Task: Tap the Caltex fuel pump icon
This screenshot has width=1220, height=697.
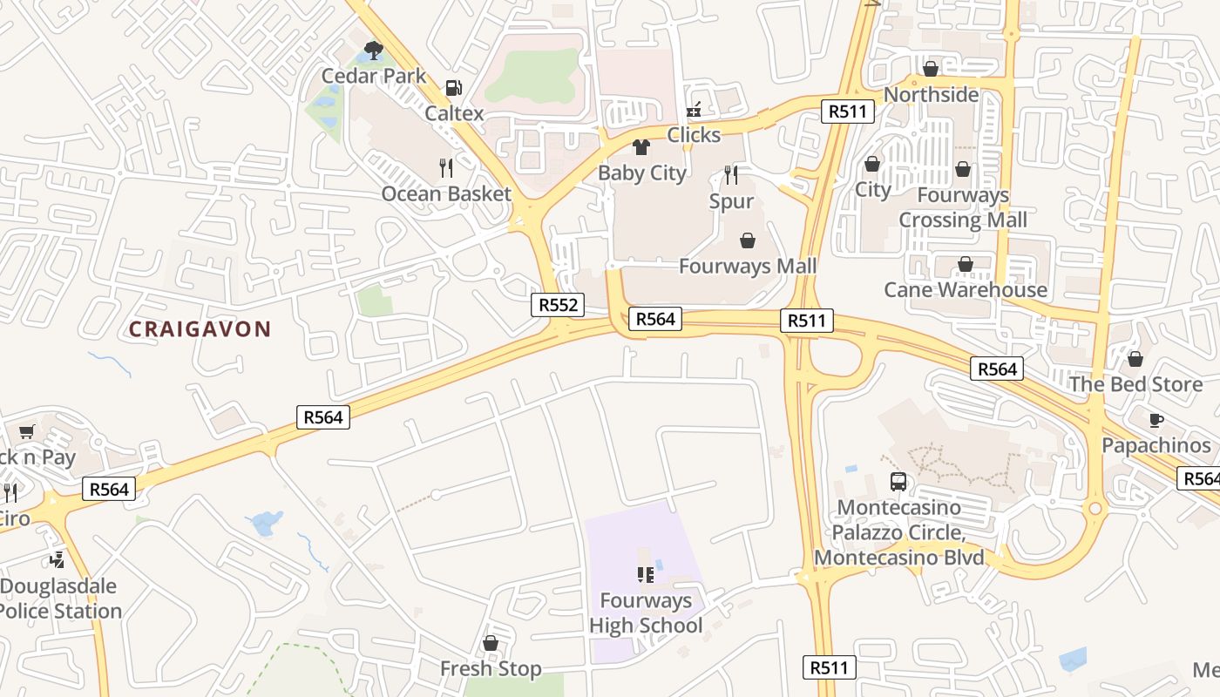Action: click(x=453, y=88)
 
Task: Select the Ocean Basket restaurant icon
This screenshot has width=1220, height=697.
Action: click(x=446, y=167)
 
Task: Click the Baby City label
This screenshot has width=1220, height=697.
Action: click(x=642, y=173)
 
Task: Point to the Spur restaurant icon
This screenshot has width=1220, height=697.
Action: click(x=731, y=175)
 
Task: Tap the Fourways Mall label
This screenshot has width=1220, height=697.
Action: click(x=748, y=266)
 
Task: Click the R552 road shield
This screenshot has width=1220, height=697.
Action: click(x=557, y=305)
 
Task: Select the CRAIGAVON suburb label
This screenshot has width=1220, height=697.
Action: click(x=200, y=329)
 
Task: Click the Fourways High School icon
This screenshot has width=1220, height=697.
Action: click(x=646, y=574)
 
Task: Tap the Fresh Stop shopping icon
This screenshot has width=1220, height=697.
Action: click(x=491, y=643)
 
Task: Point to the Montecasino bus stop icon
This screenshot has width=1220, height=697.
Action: click(x=898, y=481)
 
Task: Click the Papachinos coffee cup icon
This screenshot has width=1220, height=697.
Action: click(x=1156, y=420)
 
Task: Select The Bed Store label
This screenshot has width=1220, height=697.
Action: click(x=1135, y=384)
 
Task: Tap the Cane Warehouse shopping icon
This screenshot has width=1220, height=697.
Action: click(x=966, y=264)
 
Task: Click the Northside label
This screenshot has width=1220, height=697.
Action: click(x=932, y=94)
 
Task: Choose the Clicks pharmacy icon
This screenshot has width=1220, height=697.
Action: click(x=694, y=110)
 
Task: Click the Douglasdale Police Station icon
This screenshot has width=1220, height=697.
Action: click(x=58, y=559)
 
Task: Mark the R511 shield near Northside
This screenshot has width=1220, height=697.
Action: click(x=847, y=111)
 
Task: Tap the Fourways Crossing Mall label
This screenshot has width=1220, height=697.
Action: click(x=963, y=207)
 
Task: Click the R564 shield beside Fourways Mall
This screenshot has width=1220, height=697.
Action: click(x=655, y=319)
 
